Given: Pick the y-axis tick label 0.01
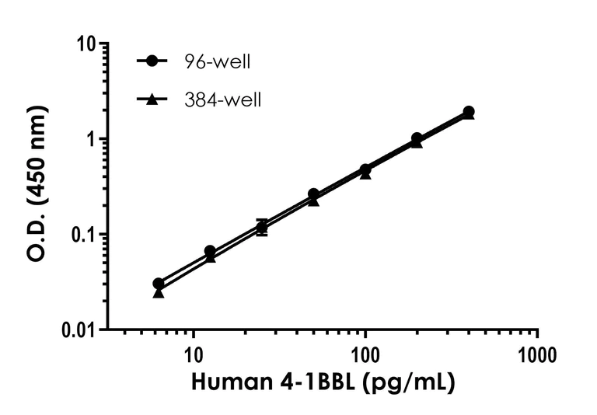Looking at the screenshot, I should tap(85, 330).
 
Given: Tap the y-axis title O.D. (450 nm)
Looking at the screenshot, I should tap(39, 187).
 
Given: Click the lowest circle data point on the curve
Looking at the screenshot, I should tap(158, 284).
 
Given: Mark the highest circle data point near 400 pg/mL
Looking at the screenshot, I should tap(469, 112).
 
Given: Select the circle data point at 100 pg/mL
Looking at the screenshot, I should tap(365, 169).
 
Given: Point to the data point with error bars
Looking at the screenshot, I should tap(262, 227).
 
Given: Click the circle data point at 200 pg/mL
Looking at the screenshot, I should tap(417, 138).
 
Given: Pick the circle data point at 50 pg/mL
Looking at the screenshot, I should tap(313, 194).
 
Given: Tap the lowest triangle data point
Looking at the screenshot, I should tap(158, 292).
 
